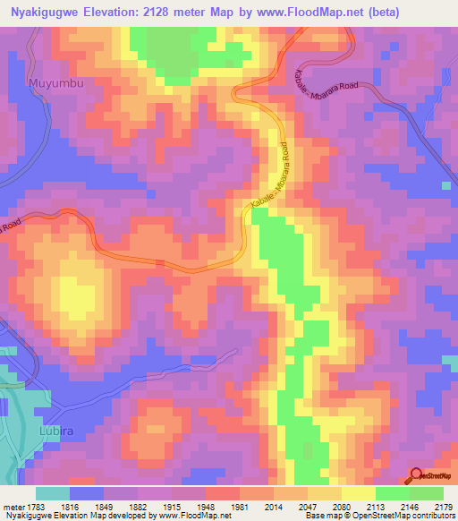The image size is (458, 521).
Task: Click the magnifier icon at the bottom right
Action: click(x=417, y=475)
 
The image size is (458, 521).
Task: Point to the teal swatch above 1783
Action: click(x=53, y=493)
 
